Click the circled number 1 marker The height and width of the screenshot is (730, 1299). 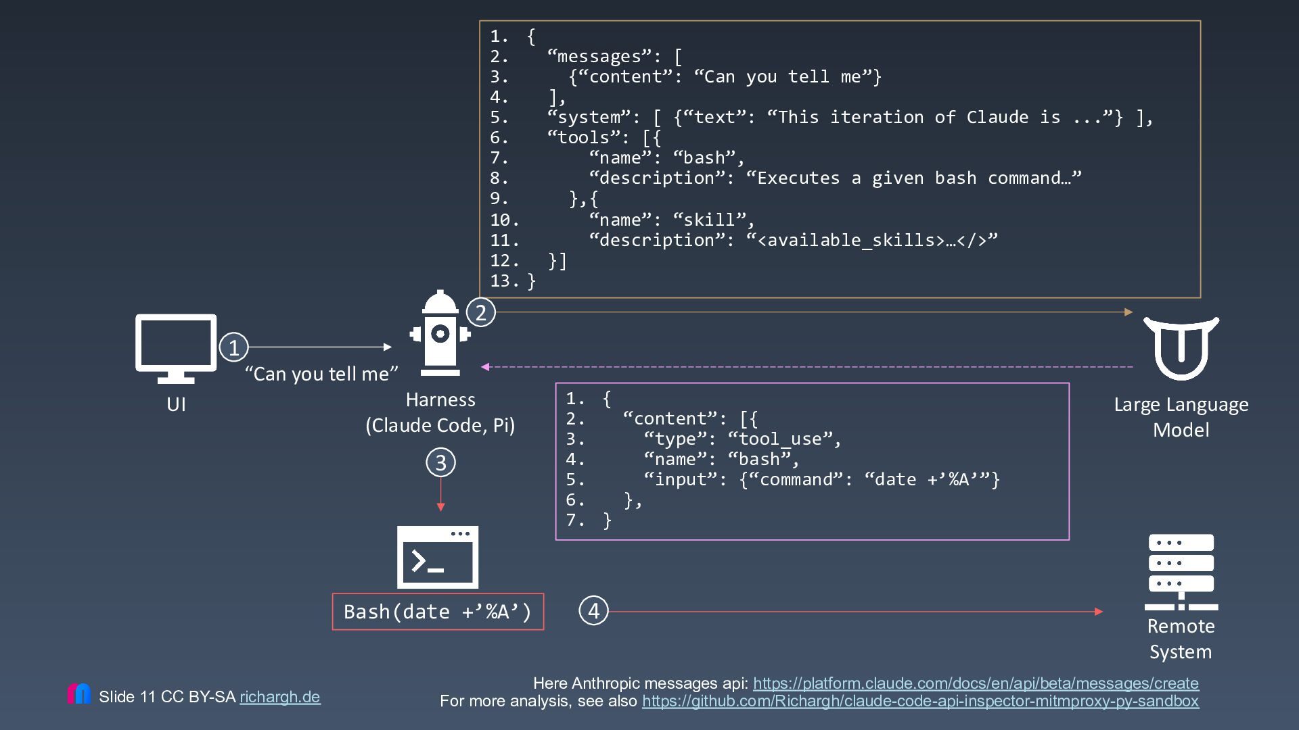(234, 347)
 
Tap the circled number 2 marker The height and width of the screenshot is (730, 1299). (481, 312)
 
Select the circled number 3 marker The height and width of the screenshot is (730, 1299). (440, 463)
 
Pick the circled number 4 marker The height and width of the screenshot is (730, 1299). (594, 611)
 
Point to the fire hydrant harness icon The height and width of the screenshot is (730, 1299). (440, 333)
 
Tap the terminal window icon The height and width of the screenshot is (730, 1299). (438, 557)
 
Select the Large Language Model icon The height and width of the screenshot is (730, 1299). (1181, 348)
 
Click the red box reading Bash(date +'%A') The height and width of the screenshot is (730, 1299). (438, 612)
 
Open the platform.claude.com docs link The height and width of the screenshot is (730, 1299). (976, 683)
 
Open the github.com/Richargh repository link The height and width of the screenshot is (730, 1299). (920, 701)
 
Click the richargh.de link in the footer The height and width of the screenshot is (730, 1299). (280, 697)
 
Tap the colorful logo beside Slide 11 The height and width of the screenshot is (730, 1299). (79, 693)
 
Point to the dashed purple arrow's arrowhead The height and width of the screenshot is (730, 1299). (485, 367)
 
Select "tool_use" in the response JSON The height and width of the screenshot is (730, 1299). (779, 439)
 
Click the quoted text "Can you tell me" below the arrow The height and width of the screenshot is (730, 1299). (321, 374)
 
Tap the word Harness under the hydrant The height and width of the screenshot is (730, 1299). (440, 399)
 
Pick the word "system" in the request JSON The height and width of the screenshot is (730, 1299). (589, 118)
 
